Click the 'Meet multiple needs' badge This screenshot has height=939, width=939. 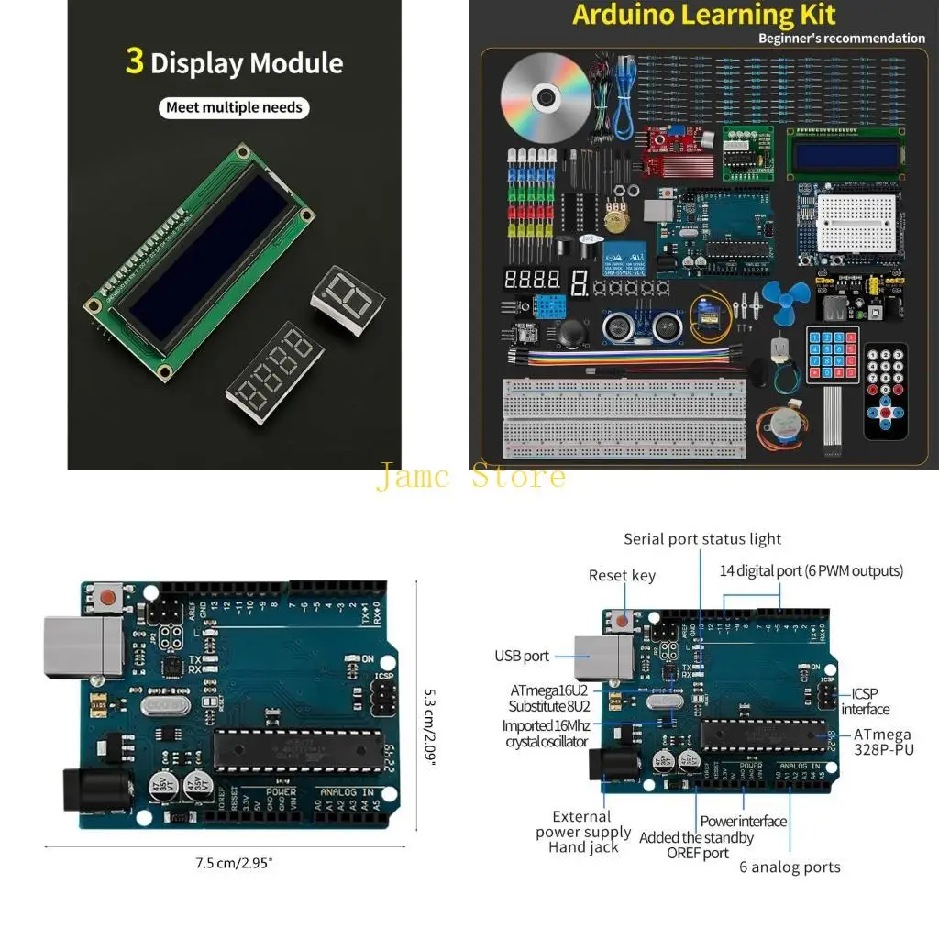[233, 107]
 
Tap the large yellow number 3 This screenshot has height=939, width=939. [135, 61]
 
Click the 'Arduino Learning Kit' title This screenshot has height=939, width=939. [703, 16]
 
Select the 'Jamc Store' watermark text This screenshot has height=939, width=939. [469, 477]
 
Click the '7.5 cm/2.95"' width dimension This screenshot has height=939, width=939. [234, 862]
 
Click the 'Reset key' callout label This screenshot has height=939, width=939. [622, 575]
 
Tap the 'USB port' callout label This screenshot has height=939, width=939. [522, 656]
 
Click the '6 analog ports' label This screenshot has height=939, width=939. [790, 867]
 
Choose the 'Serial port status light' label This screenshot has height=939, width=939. [702, 539]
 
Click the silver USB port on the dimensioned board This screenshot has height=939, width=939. [82, 647]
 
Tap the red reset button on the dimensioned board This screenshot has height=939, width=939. [107, 599]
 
